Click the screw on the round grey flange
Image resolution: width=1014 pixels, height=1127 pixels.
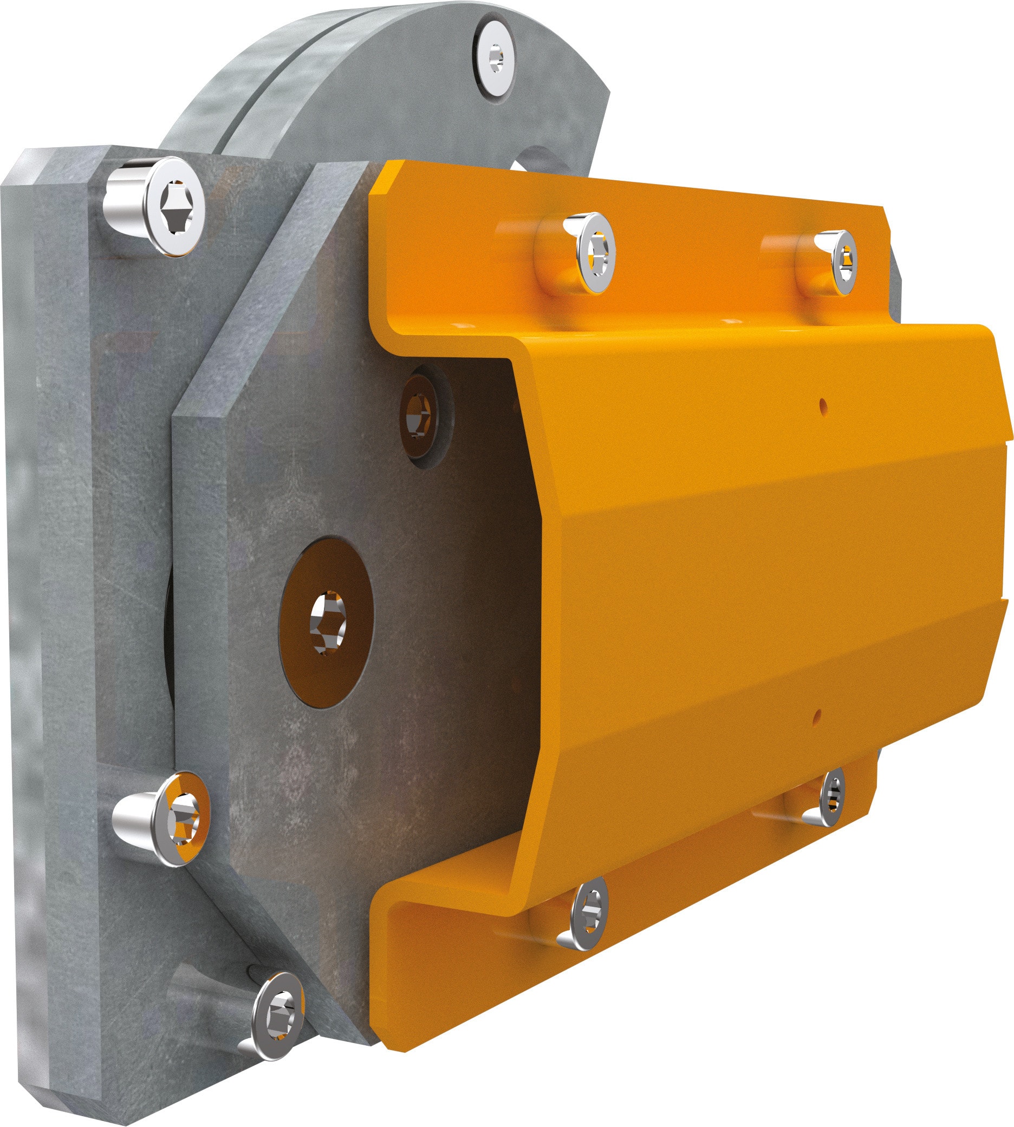[495, 58]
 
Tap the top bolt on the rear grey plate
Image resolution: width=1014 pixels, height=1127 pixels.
[174, 207]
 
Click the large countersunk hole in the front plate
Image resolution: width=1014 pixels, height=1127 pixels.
[326, 622]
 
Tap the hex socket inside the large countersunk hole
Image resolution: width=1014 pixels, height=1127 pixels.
[328, 622]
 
